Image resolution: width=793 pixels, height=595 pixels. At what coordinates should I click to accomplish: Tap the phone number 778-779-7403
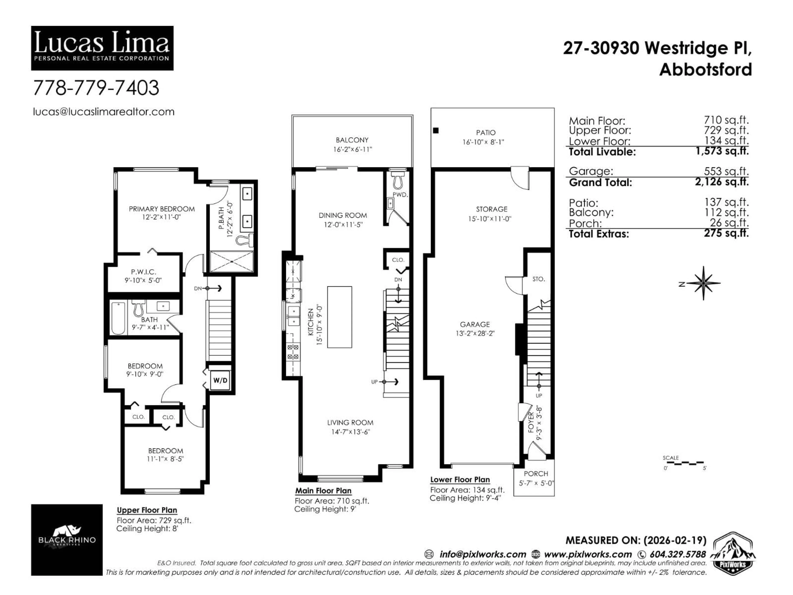[96, 88]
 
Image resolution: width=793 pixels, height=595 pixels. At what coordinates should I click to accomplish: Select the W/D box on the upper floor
[220, 380]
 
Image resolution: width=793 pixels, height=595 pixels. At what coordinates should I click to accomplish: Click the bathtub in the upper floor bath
[118, 318]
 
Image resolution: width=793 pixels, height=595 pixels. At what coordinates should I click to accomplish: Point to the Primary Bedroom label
[162, 209]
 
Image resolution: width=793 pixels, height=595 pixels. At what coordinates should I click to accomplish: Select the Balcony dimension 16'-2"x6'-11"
[352, 149]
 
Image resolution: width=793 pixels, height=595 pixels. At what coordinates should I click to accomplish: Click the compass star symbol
[703, 283]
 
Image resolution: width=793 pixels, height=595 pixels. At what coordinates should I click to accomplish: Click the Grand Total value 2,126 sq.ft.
[722, 182]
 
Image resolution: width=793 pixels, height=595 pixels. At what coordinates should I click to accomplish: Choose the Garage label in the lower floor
[475, 324]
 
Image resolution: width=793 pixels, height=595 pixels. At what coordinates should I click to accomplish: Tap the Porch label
[536, 474]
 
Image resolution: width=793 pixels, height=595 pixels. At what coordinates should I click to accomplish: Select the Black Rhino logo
[67, 540]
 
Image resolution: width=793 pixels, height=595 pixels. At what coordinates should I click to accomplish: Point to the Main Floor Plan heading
[323, 491]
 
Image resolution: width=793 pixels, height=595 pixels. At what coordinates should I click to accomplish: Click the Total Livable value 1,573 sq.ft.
[722, 151]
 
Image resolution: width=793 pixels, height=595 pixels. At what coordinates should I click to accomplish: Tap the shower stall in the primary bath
[231, 262]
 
